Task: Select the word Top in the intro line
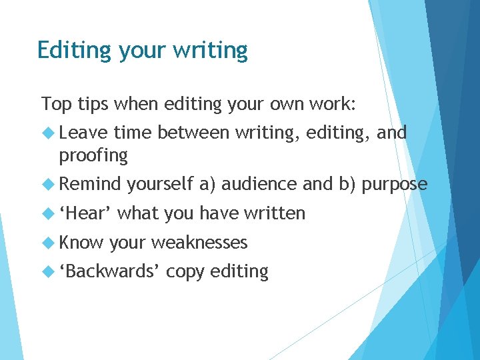tap(55, 104)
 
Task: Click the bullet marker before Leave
tap(49, 133)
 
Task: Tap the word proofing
tap(93, 156)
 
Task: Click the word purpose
tap(395, 185)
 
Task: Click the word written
tap(274, 213)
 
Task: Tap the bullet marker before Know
tap(49, 243)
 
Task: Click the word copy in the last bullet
tap(185, 272)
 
